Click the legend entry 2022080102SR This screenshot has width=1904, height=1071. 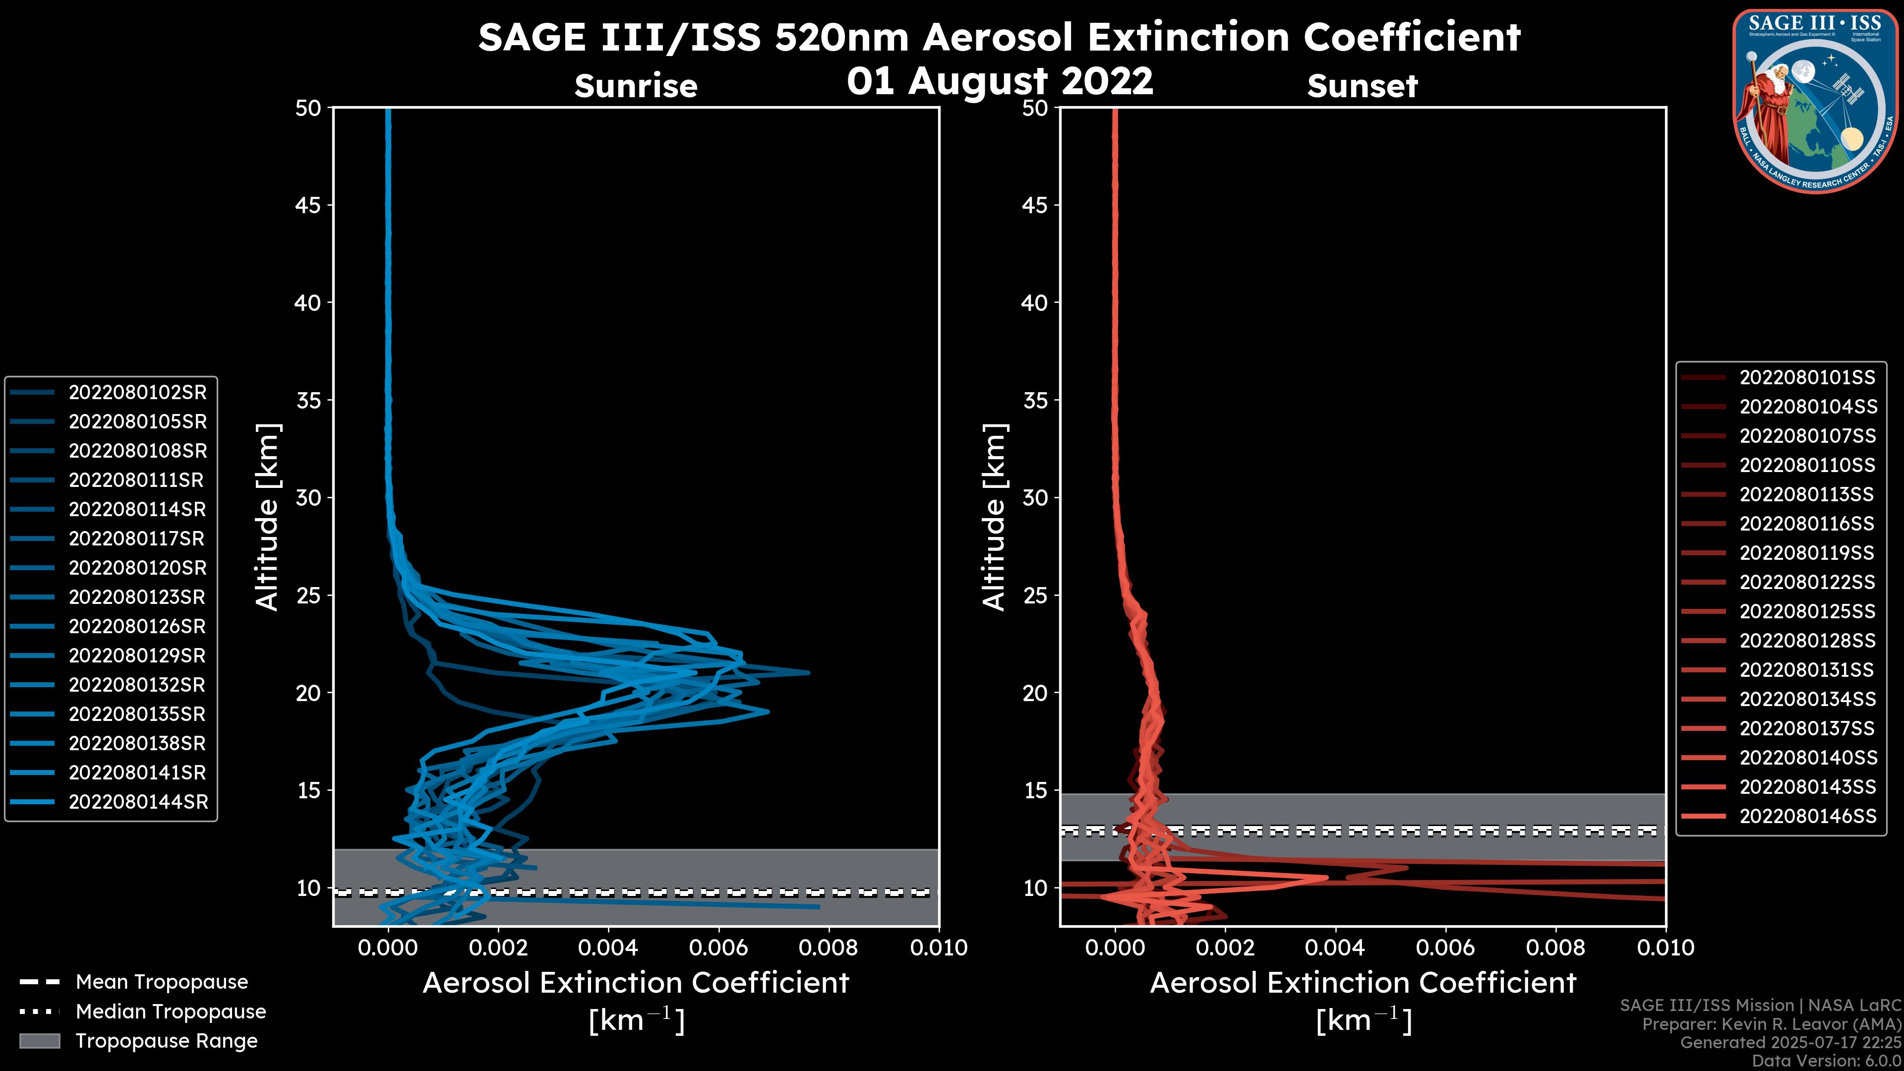[x=137, y=393]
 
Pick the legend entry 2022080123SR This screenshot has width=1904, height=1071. [x=137, y=597]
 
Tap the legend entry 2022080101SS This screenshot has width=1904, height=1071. [x=1807, y=378]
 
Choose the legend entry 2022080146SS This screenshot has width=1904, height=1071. [x=1807, y=816]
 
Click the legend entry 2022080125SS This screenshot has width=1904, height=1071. [x=1807, y=611]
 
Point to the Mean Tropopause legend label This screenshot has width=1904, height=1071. [x=162, y=982]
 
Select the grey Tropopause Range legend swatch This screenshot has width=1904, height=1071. [x=39, y=1041]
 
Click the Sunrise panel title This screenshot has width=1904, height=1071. [x=636, y=86]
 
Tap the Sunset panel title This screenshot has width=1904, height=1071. [x=1362, y=86]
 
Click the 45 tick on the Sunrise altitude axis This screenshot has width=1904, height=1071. [x=308, y=205]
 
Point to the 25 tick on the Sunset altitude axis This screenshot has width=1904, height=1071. [x=1035, y=595]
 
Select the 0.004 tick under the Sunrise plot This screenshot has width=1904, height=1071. [x=607, y=948]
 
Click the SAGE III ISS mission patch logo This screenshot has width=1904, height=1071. [x=1816, y=101]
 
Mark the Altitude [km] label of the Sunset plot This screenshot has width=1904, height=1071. [x=994, y=517]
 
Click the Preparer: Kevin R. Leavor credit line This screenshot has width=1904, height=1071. [x=1771, y=1024]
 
